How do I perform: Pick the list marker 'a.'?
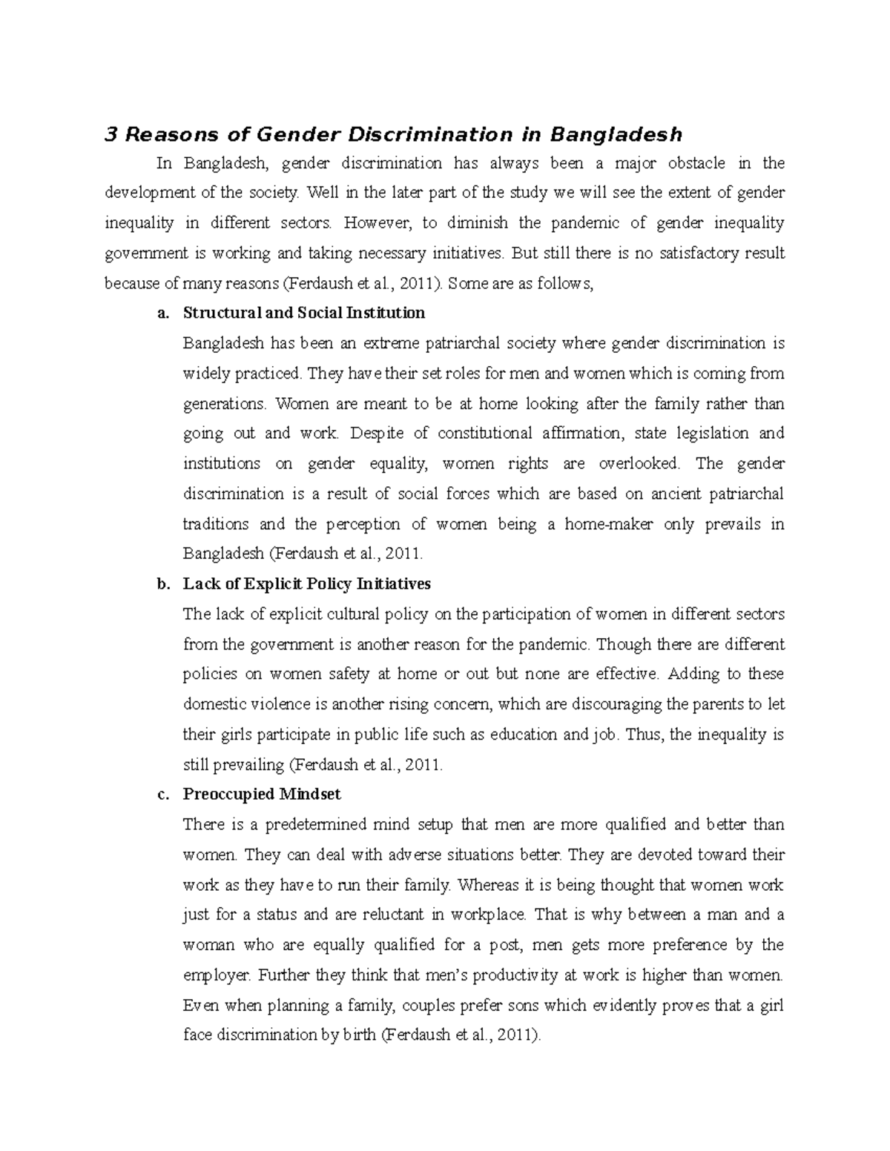[163, 314]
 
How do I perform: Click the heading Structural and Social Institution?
[303, 313]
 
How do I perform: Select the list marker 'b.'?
[163, 585]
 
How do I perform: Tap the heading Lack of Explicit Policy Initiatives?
[306, 584]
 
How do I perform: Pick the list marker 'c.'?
[163, 795]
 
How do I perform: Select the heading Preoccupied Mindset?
[261, 795]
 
